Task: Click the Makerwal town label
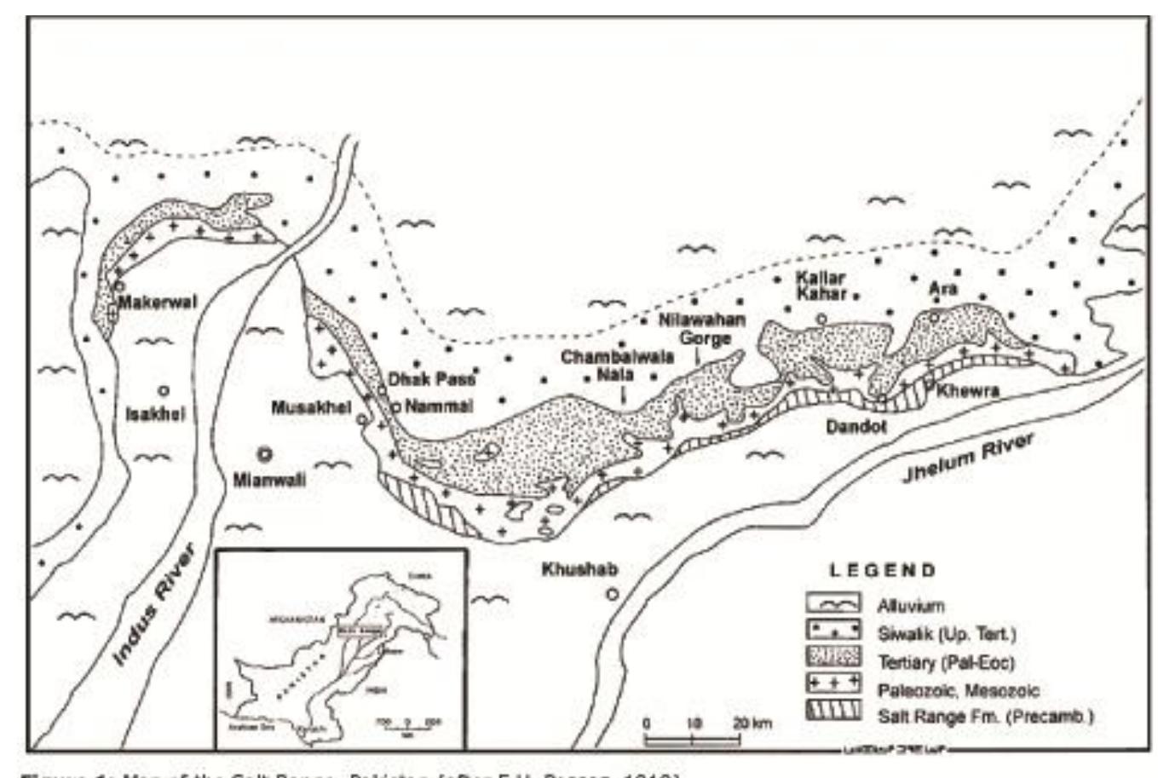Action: [158, 303]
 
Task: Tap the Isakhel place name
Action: [155, 415]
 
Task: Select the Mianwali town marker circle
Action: [265, 453]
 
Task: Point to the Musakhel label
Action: [311, 408]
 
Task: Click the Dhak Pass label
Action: [432, 379]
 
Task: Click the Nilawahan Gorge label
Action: [702, 330]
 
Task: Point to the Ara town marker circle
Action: [934, 317]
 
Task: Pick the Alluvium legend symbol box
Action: [833, 604]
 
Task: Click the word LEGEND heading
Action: [882, 571]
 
